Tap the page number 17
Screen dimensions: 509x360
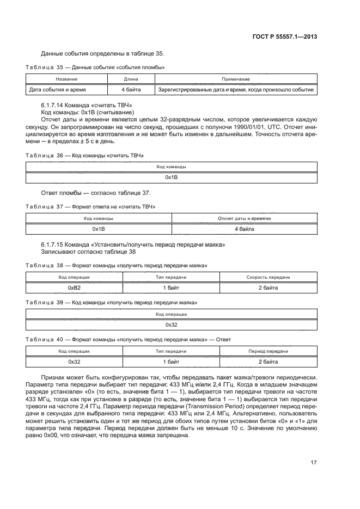click(314, 463)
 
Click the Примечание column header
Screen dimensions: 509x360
click(235, 79)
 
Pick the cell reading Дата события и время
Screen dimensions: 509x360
click(57, 89)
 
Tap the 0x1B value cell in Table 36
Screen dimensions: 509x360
click(172, 177)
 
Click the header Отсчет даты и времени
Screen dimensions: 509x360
click(244, 218)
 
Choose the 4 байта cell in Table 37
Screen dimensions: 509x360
click(244, 229)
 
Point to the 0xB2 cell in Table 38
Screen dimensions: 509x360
click(74, 287)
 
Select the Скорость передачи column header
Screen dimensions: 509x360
click(268, 277)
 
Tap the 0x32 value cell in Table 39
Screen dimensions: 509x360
click(172, 324)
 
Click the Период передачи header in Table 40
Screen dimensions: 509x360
click(268, 351)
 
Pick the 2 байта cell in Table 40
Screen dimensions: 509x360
click(268, 361)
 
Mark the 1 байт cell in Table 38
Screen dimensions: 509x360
click(172, 287)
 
